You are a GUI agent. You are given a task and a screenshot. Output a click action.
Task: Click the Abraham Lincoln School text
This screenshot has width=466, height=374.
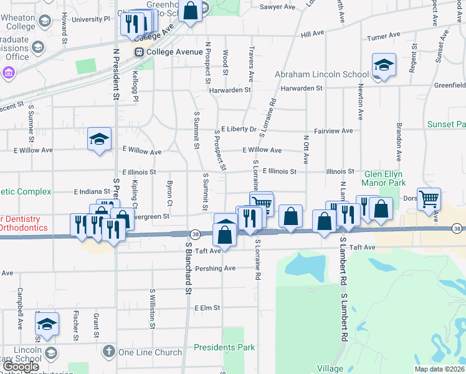coord(322,75)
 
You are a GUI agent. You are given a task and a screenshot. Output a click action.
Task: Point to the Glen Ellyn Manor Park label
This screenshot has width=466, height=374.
coord(384,178)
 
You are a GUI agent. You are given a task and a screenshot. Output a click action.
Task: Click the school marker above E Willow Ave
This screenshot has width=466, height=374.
coord(99,139)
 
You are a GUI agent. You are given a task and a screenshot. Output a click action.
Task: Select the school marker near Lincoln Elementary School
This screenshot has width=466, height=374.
coord(47,324)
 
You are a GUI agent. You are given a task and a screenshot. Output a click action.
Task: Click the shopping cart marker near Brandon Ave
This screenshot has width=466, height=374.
coord(429,199)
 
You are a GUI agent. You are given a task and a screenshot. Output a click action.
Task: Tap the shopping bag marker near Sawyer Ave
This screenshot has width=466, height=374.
coord(191,11)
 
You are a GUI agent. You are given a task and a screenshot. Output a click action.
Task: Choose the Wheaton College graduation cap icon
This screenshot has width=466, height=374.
coord(44,21)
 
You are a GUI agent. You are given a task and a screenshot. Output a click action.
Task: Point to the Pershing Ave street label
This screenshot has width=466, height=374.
coord(215,269)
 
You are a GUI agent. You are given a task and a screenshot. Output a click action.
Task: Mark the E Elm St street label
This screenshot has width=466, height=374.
coord(208,308)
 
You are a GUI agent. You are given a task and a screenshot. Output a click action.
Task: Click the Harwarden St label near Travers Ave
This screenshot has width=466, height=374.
coord(230,89)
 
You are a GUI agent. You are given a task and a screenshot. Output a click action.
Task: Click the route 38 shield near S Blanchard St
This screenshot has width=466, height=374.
coord(196,234)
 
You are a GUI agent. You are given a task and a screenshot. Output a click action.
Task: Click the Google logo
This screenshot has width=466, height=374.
coord(21,367)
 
